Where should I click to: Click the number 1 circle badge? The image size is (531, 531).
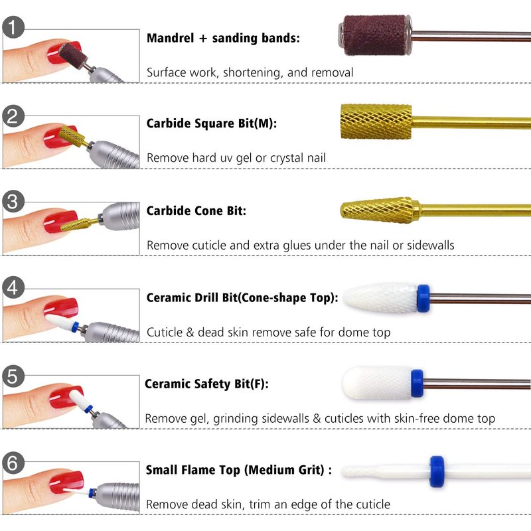(13, 27)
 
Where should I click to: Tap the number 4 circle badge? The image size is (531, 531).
(13, 287)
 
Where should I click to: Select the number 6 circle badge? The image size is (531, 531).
(13, 463)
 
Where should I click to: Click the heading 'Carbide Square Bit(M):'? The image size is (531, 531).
(212, 123)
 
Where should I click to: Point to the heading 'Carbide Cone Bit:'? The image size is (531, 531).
(196, 210)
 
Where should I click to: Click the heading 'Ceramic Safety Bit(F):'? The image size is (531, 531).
(206, 384)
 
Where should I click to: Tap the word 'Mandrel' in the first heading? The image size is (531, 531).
(171, 38)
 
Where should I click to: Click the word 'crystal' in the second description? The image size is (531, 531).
(287, 158)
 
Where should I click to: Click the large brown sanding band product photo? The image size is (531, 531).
(375, 35)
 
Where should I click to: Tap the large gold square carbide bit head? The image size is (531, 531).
(376, 121)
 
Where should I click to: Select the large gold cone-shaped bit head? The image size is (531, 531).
(379, 210)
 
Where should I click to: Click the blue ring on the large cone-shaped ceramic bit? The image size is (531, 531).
(423, 298)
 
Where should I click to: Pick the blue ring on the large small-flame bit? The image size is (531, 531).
(437, 471)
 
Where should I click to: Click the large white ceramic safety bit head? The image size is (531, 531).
(377, 383)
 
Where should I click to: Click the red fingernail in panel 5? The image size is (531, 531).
(64, 397)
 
